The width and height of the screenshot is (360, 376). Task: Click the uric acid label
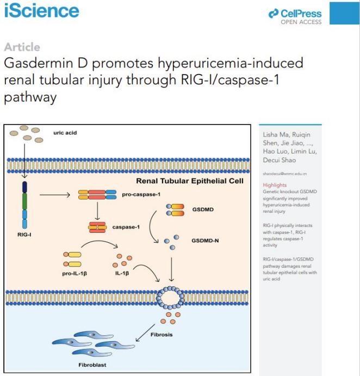65,133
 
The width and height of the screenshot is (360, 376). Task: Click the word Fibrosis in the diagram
162,335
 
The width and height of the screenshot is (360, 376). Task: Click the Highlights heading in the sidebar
275,185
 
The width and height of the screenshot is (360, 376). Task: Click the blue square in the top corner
344,12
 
